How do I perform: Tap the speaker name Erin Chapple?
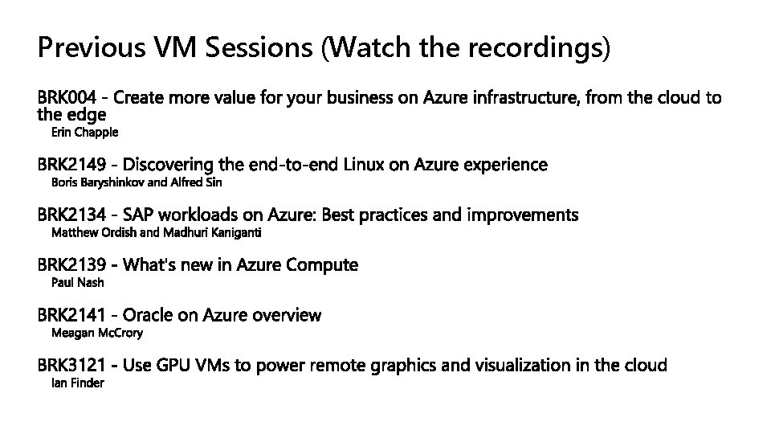(x=84, y=131)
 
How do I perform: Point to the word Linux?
(x=364, y=165)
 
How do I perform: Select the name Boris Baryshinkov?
(x=98, y=182)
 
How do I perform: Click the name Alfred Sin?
(x=197, y=182)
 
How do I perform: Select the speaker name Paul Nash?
(x=78, y=283)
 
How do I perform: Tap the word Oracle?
(x=149, y=315)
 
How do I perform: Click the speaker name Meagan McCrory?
(x=97, y=333)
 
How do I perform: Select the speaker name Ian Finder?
(x=78, y=383)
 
